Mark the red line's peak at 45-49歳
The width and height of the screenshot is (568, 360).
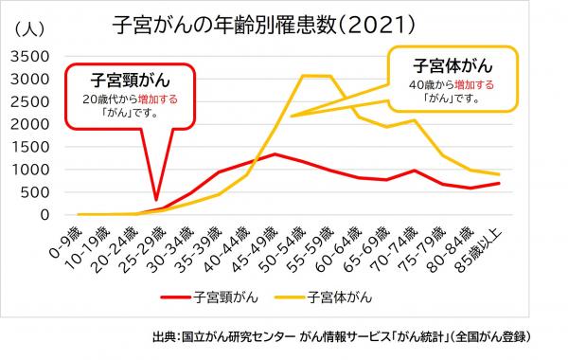[x=274, y=153]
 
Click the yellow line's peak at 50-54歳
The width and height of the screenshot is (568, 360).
[x=302, y=76]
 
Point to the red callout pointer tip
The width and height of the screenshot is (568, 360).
[x=156, y=201]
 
